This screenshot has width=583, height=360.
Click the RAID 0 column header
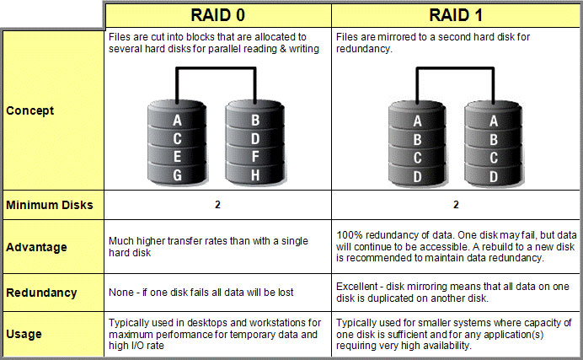218,15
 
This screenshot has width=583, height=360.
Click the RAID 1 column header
456,15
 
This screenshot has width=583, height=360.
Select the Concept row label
30,110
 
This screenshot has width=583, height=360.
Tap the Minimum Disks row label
50,205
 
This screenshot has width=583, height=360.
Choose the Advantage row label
36,247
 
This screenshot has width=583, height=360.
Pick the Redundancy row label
41,293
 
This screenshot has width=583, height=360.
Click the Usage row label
24,334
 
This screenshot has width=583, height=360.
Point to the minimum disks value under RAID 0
217,205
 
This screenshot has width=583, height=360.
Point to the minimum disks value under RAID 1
456,205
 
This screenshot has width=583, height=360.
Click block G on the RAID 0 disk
178,175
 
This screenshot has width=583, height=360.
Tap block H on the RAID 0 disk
255,175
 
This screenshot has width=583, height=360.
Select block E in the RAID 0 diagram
178,157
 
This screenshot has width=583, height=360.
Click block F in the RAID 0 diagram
255,157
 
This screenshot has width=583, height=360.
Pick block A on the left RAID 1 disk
418,121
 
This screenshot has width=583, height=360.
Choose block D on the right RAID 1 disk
494,176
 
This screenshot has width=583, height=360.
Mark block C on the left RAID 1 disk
418,158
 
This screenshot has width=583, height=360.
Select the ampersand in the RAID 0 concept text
283,49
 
